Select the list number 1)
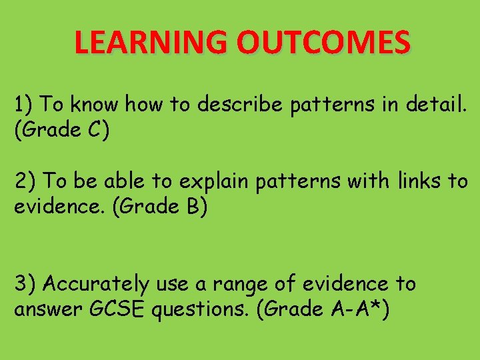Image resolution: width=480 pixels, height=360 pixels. coord(25,105)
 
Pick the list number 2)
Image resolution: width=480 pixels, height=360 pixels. coord(25,181)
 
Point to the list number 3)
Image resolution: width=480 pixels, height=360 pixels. coord(25,284)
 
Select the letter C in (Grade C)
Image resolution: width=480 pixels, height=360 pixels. coord(93,130)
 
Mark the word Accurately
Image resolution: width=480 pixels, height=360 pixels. coord(97,285)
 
